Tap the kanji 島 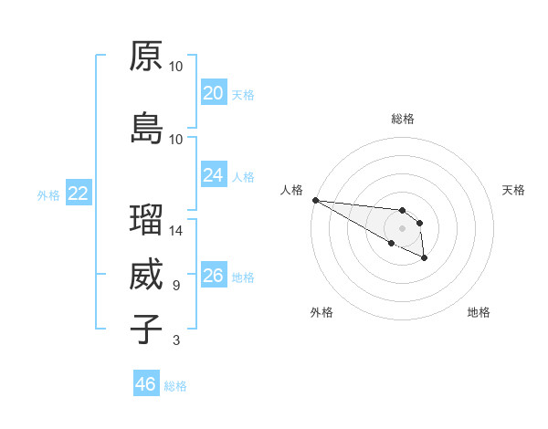click(146, 129)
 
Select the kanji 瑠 click(146, 220)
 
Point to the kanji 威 click(146, 275)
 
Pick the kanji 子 click(146, 330)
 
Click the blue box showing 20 click(214, 93)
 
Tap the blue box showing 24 click(214, 175)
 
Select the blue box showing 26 click(214, 276)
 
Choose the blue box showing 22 click(79, 194)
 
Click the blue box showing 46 click(146, 384)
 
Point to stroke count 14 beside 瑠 click(176, 231)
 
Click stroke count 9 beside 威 click(176, 286)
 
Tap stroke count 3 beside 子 click(176, 340)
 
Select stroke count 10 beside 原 click(176, 67)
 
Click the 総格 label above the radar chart click(403, 119)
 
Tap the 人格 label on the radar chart click(291, 190)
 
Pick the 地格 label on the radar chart click(479, 312)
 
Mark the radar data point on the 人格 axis click(315, 200)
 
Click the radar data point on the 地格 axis click(425, 259)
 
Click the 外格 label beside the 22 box click(48, 194)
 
